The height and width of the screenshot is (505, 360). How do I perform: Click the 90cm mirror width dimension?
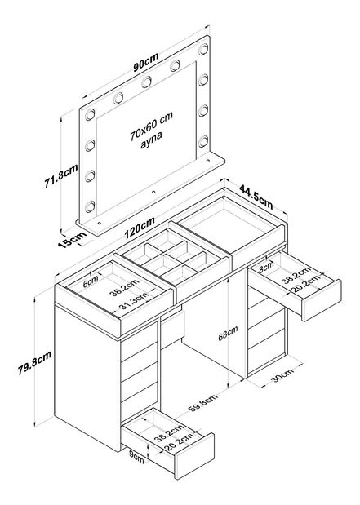pos(146,61)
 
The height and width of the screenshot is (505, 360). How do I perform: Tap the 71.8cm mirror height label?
pos(61,176)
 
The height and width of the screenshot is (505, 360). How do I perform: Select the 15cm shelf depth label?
pos(73,239)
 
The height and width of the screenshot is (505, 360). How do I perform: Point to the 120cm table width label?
pos(140,228)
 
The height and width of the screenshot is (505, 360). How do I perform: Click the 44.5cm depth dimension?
pos(256,196)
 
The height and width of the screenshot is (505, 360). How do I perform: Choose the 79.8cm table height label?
pos(34,363)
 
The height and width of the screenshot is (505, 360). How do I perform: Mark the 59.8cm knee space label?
pos(203,404)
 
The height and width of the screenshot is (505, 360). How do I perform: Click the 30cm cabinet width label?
pos(282,375)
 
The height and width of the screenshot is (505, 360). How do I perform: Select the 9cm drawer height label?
pos(136,458)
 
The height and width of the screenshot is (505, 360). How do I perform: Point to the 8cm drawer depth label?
pos(267,265)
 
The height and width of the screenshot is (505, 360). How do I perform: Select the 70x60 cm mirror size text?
pos(152,126)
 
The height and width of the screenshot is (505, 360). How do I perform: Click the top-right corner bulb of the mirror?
pos(204,48)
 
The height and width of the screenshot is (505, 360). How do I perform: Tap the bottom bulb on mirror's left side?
pos(90,206)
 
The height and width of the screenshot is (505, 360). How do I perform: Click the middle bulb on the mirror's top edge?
pos(147,81)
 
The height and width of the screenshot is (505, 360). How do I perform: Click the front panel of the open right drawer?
pos(321,300)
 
